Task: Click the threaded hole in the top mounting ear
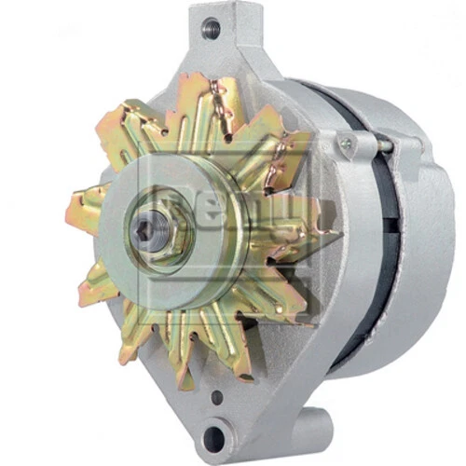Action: point(212,27)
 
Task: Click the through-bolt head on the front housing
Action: point(347,144)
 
